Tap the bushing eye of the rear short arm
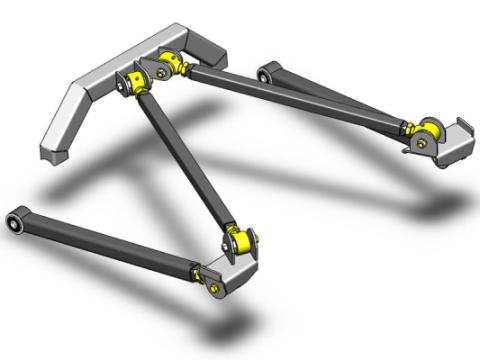click(x=267, y=71)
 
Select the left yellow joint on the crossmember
click(x=139, y=83)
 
